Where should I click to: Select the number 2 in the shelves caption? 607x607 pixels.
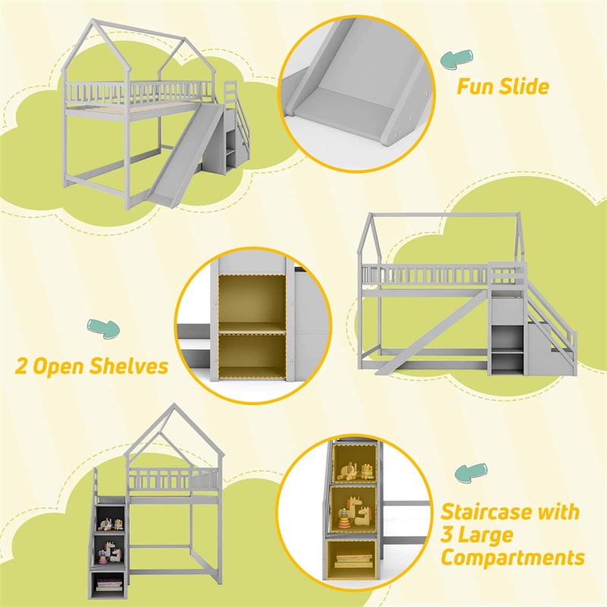[23, 367]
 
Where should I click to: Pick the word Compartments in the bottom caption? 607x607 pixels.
[513, 559]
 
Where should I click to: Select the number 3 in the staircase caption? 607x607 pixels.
[449, 536]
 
